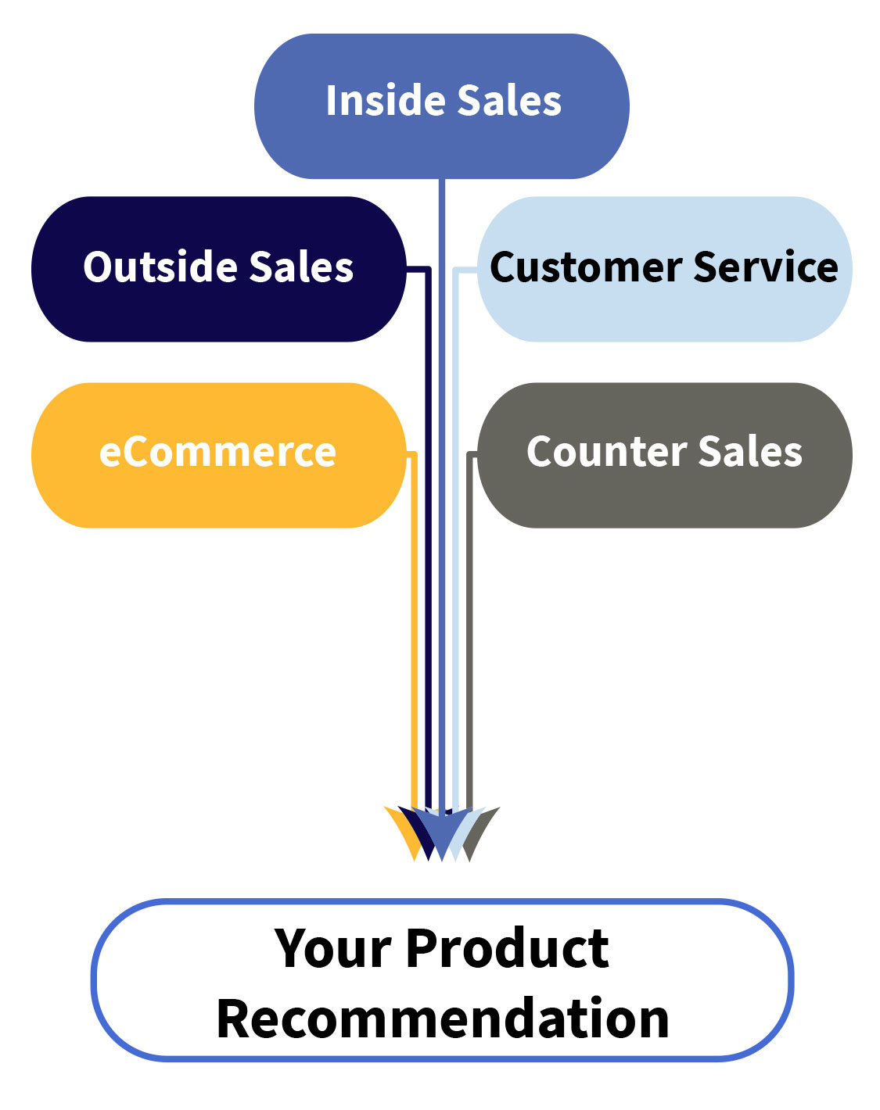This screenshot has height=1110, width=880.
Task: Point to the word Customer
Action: click(586, 267)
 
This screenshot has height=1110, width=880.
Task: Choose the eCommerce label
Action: click(217, 453)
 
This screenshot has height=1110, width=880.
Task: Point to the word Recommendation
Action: click(443, 1019)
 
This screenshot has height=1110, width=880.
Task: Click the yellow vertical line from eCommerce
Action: click(415, 625)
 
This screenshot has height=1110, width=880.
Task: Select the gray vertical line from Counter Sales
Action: click(469, 625)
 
